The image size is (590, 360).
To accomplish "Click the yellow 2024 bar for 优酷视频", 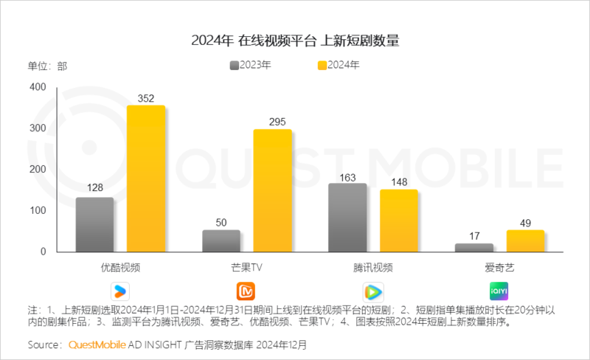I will pyautogui.click(x=146, y=179).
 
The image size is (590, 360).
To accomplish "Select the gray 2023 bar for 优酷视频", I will pyautogui.click(x=94, y=225).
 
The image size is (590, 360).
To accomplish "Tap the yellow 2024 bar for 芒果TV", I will pyautogui.click(x=272, y=191).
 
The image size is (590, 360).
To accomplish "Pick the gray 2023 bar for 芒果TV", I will pyautogui.click(x=221, y=241).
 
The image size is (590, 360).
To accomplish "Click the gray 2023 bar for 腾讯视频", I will pyautogui.click(x=347, y=218).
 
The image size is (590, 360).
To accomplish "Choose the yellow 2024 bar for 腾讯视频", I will pyautogui.click(x=399, y=221).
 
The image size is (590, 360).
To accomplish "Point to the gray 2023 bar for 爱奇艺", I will pyautogui.click(x=473, y=248).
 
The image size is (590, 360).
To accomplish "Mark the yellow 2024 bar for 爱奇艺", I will pyautogui.click(x=525, y=241).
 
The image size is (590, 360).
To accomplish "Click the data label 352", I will pyautogui.click(x=145, y=97).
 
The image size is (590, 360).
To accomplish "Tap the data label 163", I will pyautogui.click(x=347, y=176).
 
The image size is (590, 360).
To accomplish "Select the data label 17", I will pyautogui.click(x=473, y=236).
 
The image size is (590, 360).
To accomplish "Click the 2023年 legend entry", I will pyautogui.click(x=251, y=65).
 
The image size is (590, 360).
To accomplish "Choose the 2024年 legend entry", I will pyautogui.click(x=339, y=65).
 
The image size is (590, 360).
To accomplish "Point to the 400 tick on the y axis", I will pyautogui.click(x=38, y=88).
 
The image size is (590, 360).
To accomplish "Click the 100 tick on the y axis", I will pyautogui.click(x=38, y=211).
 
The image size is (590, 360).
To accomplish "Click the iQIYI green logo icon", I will pyautogui.click(x=499, y=291).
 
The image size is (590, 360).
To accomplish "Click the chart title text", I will pyautogui.click(x=295, y=40).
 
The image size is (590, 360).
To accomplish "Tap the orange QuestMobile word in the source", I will pyautogui.click(x=98, y=345).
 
